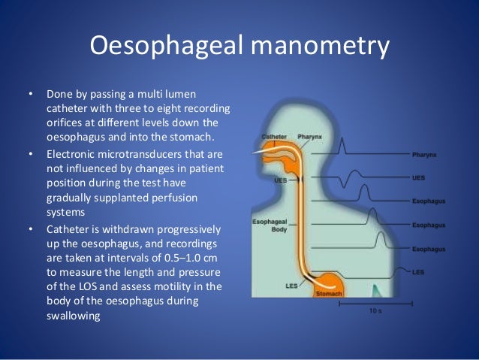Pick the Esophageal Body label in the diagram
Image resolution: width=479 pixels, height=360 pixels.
(269, 226)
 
